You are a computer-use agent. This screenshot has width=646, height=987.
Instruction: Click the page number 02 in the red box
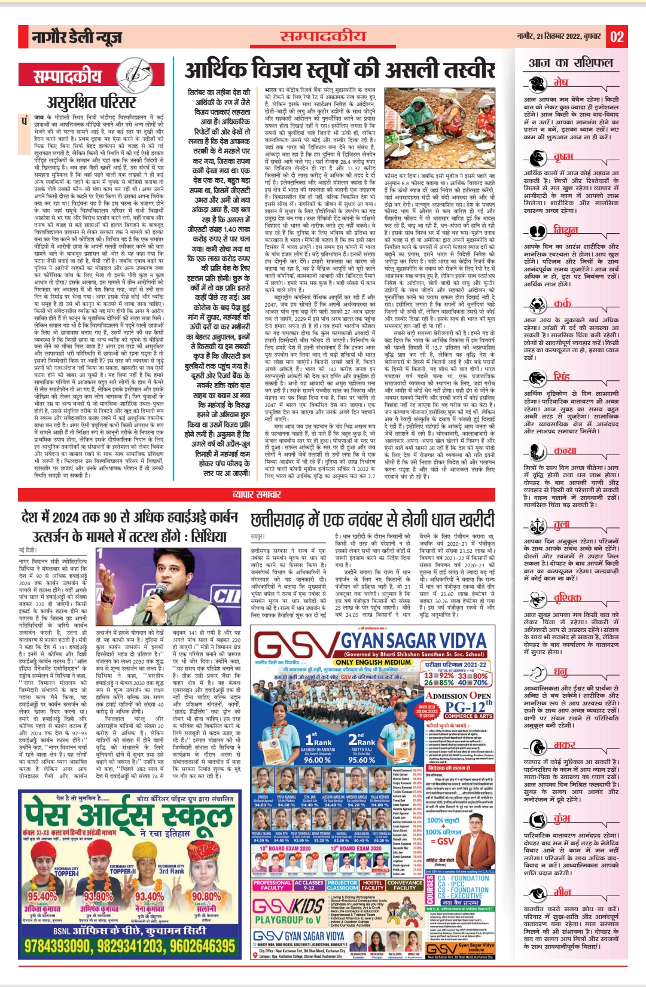pyautogui.click(x=617, y=37)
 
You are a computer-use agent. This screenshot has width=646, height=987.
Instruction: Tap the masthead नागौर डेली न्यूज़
pyautogui.click(x=77, y=38)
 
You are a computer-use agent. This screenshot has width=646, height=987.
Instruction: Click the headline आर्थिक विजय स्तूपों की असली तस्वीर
pyautogui.click(x=340, y=70)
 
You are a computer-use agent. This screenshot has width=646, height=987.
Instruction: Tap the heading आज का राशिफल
pyautogui.click(x=571, y=63)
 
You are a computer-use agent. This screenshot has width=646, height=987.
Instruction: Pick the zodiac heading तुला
pyautogui.click(x=561, y=525)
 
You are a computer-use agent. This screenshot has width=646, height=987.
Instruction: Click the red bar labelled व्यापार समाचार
pyautogui.click(x=257, y=494)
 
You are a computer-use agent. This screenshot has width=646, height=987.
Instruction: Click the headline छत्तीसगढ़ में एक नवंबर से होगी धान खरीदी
pyautogui.click(x=372, y=519)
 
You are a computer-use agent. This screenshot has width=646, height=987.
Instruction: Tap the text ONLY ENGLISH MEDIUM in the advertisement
pyautogui.click(x=373, y=662)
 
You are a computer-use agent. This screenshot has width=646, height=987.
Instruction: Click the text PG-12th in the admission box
pyautogui.click(x=468, y=707)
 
